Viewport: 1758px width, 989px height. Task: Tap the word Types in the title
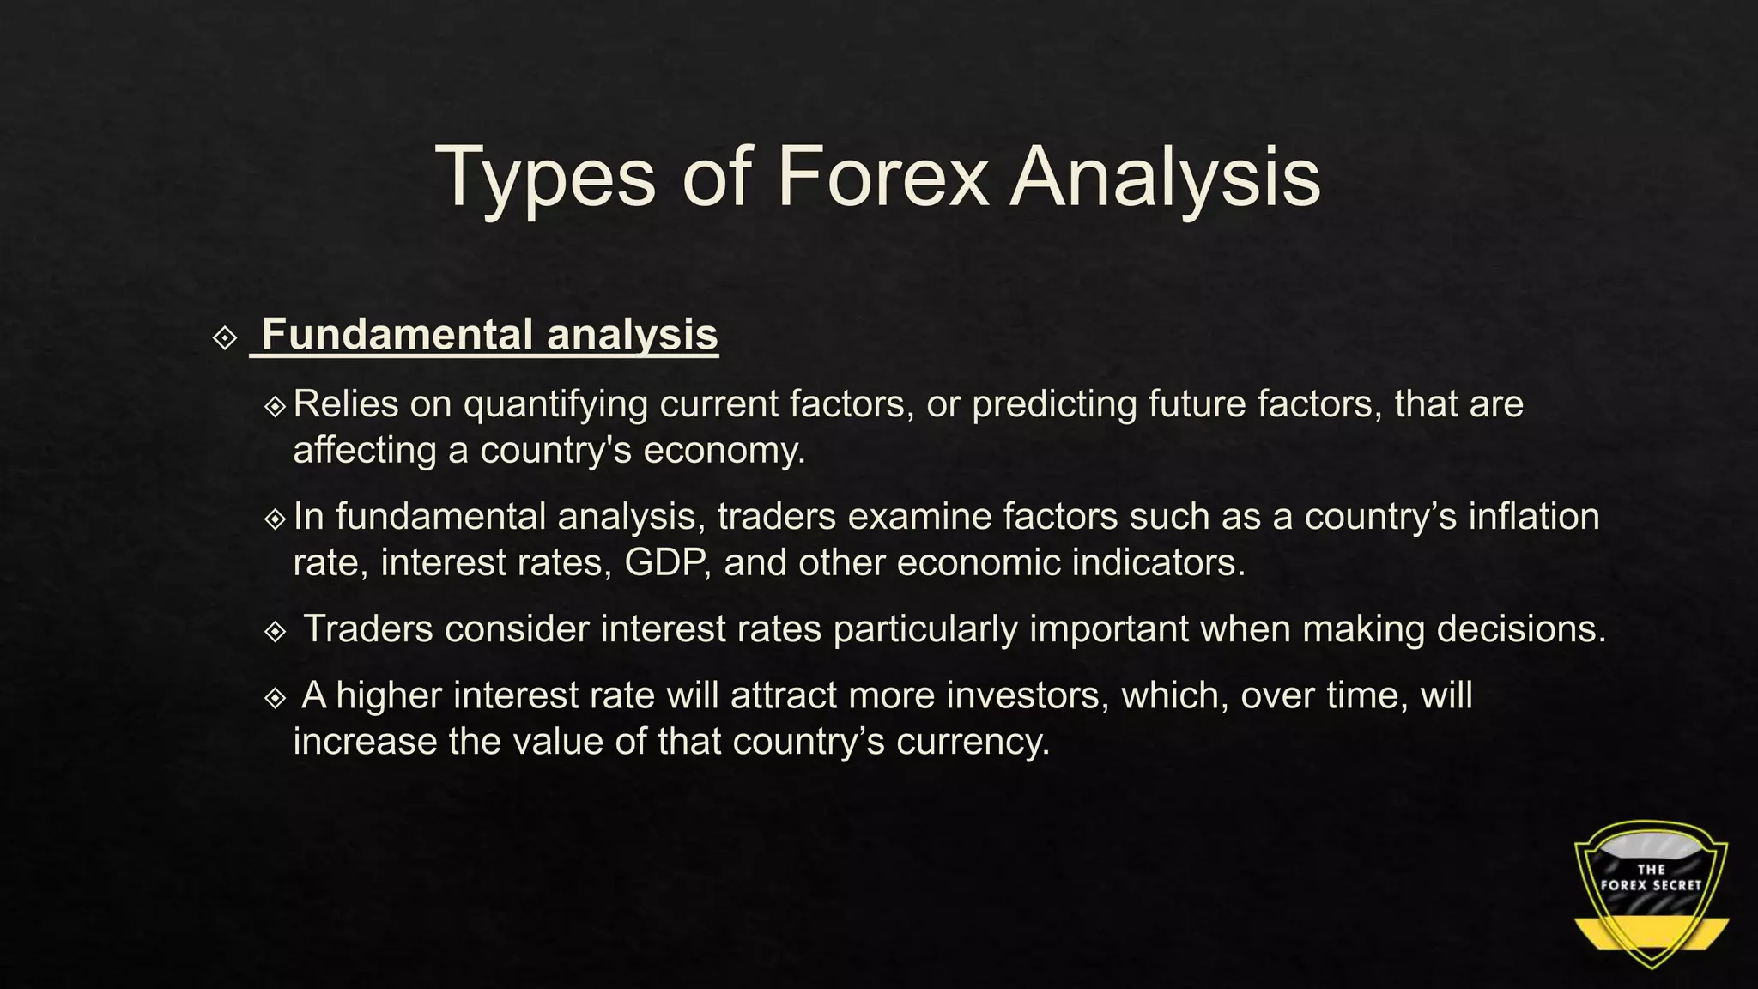(546, 179)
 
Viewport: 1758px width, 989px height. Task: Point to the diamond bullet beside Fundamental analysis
(225, 337)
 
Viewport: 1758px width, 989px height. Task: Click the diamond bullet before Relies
(276, 406)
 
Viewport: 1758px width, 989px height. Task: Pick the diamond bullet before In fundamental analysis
(276, 519)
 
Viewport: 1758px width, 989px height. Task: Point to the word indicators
(1158, 563)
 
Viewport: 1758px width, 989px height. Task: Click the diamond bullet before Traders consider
(276, 632)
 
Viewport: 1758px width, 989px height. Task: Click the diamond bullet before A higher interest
(276, 697)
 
